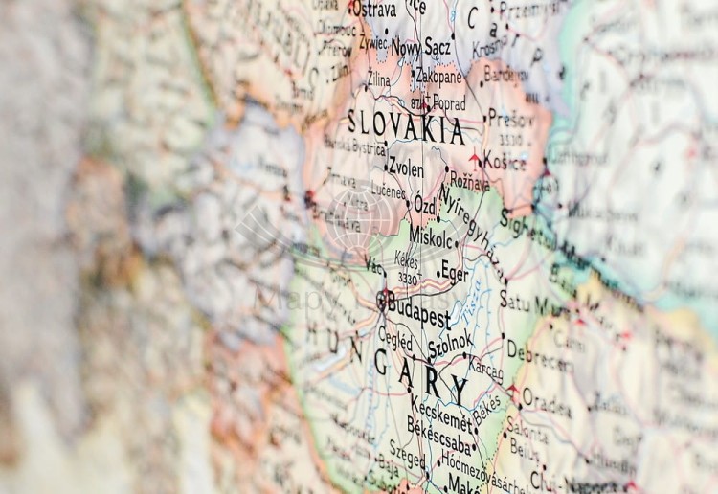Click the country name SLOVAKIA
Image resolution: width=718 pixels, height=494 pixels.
click(x=406, y=125)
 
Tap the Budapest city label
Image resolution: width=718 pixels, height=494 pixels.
click(x=418, y=306)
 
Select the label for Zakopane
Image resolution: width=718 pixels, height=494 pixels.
click(x=438, y=76)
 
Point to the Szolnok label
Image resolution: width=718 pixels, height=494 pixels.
click(x=450, y=342)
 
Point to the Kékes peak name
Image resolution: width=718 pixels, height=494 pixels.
click(x=407, y=258)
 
